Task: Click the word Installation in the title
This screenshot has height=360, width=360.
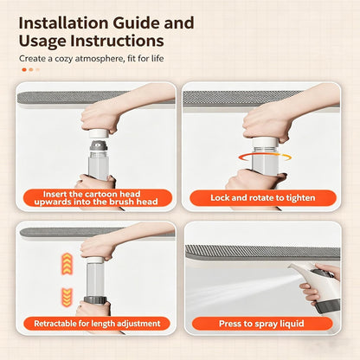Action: click(64, 23)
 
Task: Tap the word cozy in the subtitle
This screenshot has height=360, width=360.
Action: click(63, 59)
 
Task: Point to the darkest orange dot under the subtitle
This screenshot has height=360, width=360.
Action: click(24, 69)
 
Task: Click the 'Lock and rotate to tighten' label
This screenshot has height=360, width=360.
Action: click(263, 198)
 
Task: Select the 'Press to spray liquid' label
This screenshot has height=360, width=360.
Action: click(261, 324)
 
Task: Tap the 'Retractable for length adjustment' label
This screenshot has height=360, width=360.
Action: click(97, 324)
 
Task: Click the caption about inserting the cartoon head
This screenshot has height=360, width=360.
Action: click(96, 197)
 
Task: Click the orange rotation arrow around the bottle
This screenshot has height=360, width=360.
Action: click(265, 157)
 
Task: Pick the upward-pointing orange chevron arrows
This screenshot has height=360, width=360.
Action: click(67, 264)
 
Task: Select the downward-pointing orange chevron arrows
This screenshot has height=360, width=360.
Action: click(67, 298)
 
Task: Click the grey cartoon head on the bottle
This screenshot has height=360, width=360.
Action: click(99, 145)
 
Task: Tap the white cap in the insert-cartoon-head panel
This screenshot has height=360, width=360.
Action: click(98, 134)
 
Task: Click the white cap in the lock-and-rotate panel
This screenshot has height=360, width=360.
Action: click(266, 143)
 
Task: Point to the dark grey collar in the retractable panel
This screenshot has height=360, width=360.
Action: click(95, 300)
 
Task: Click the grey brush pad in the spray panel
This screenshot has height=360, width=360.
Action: click(262, 253)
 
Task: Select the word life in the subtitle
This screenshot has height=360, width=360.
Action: click(157, 59)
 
